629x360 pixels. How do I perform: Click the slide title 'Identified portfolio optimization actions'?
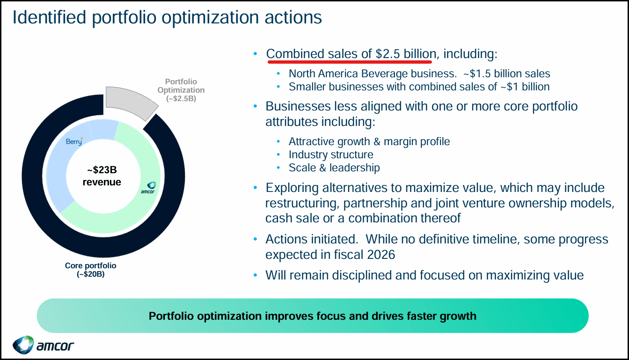coord(167,18)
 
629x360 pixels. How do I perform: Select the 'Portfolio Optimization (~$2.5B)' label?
coord(181,90)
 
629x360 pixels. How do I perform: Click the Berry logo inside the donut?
coord(74,141)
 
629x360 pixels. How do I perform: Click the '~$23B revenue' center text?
coord(102,176)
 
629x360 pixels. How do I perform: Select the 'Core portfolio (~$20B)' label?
coord(90,270)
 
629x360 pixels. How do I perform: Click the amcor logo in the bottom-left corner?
coord(43,345)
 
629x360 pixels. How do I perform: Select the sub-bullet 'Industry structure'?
coord(331,154)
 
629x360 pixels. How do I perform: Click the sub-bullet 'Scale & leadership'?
coord(334,168)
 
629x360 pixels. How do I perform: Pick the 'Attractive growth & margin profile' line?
coord(369,141)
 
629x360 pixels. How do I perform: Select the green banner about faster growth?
coord(312,316)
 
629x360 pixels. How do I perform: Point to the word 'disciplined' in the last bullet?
coord(363,275)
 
